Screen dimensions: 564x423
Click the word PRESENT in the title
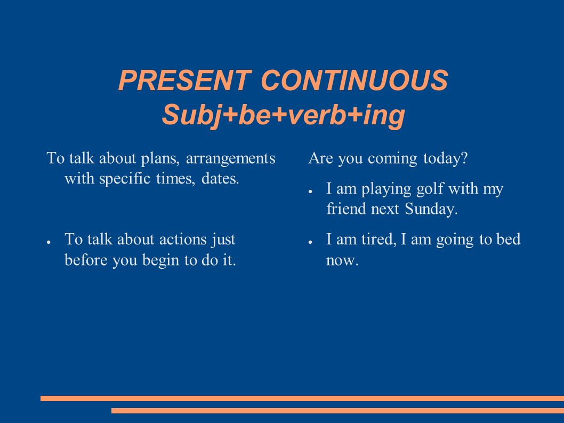tap(184, 80)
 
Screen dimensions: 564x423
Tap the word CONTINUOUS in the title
tap(354, 80)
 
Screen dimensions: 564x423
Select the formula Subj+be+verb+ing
tap(284, 115)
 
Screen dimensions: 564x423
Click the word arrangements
tap(231, 158)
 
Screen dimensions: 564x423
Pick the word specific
tap(124, 179)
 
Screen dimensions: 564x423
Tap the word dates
tap(220, 179)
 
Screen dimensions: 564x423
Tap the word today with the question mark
tap(445, 159)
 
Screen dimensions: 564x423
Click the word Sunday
tap(431, 209)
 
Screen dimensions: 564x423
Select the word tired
tap(378, 240)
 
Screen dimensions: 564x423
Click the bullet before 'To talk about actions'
tap(48, 242)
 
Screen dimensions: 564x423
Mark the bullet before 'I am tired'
tap(310, 242)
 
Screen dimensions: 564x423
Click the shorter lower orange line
tap(338, 411)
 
